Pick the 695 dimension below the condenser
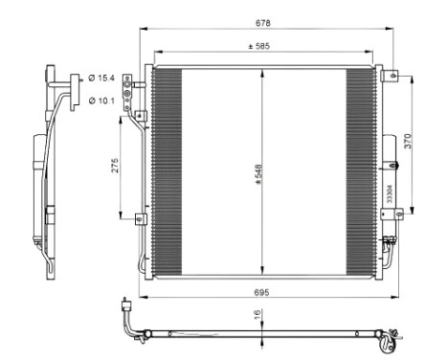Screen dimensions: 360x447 click(261, 290)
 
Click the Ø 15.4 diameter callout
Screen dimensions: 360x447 click(101, 77)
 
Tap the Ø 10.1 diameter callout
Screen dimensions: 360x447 click(101, 100)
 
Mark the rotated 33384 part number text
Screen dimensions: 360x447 click(390, 191)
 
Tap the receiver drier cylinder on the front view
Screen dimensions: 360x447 click(390, 177)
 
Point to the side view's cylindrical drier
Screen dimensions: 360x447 click(38, 182)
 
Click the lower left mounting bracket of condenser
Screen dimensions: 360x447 click(140, 219)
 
